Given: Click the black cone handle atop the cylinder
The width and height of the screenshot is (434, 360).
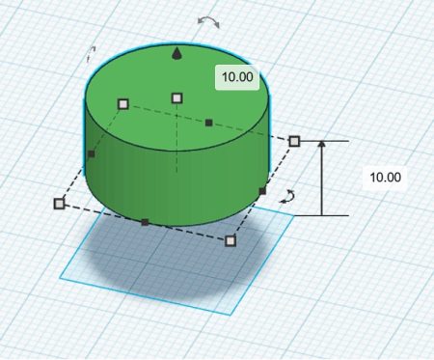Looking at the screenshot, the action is pos(176,54).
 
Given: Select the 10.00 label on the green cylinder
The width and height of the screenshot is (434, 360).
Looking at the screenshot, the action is pos(237,77).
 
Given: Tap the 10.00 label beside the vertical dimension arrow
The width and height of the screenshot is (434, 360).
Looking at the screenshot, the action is pos(385,178).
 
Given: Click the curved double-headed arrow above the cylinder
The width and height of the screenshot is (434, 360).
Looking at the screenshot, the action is pos(208,22).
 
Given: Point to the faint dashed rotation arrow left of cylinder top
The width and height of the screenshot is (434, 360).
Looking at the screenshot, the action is pos(91,54).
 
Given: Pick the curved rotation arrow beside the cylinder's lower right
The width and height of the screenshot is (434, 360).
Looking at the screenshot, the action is pos(287,197).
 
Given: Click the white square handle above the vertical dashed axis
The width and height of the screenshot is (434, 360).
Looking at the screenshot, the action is pos(177,98).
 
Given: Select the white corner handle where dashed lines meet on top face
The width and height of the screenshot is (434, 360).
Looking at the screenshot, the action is pos(123,104).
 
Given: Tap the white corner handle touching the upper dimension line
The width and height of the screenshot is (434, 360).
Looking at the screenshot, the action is pos(294,141).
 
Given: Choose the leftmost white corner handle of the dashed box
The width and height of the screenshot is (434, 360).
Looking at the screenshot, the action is pos(59,204).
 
